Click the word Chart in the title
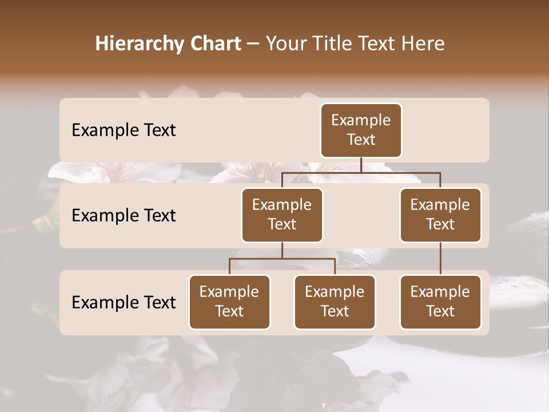click(x=214, y=44)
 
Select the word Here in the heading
click(x=423, y=44)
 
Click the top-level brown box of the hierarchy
click(x=361, y=130)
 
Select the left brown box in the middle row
click(x=282, y=215)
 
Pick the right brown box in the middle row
click(x=440, y=215)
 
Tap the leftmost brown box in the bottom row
click(x=229, y=302)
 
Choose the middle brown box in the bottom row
click(x=335, y=302)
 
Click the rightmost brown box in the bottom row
click(x=440, y=302)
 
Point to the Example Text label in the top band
click(x=124, y=130)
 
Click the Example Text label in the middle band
click(x=124, y=216)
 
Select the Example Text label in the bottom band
click(x=124, y=302)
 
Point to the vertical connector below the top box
click(x=361, y=165)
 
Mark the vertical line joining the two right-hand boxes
click(x=440, y=259)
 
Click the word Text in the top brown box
click(x=361, y=140)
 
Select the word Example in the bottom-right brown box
click(x=440, y=292)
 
